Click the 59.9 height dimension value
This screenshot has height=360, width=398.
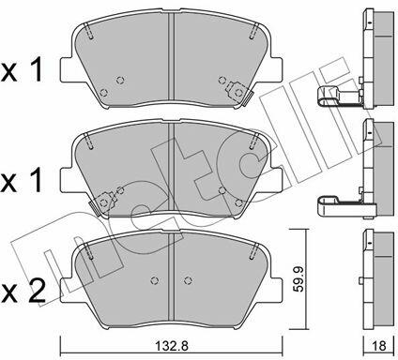299,279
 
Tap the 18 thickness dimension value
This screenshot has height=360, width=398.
379,346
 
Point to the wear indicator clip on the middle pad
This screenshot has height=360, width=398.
103,202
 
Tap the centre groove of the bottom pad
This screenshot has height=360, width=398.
171,277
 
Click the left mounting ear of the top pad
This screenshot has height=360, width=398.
68,70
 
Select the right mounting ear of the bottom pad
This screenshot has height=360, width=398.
275,290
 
